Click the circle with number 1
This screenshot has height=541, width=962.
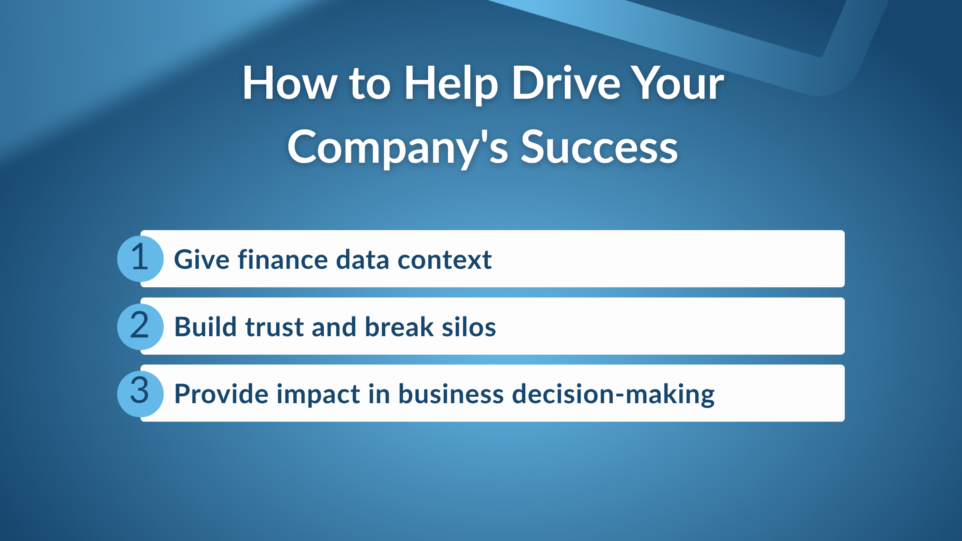pyautogui.click(x=140, y=258)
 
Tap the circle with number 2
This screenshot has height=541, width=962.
pyautogui.click(x=140, y=326)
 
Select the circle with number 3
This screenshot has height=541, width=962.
pyautogui.click(x=140, y=394)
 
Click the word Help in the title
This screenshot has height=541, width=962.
pyautogui.click(x=451, y=84)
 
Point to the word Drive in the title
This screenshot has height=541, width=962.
pyautogui.click(x=566, y=84)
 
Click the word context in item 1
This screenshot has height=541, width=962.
pyautogui.click(x=444, y=260)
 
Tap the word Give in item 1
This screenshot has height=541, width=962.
pyautogui.click(x=202, y=260)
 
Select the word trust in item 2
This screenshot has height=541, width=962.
pyautogui.click(x=275, y=327)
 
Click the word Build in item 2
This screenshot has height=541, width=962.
pyautogui.click(x=205, y=327)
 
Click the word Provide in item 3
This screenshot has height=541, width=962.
pyautogui.click(x=221, y=394)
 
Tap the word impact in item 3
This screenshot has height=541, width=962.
pyautogui.click(x=318, y=394)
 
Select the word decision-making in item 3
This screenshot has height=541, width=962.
pyautogui.click(x=613, y=394)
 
